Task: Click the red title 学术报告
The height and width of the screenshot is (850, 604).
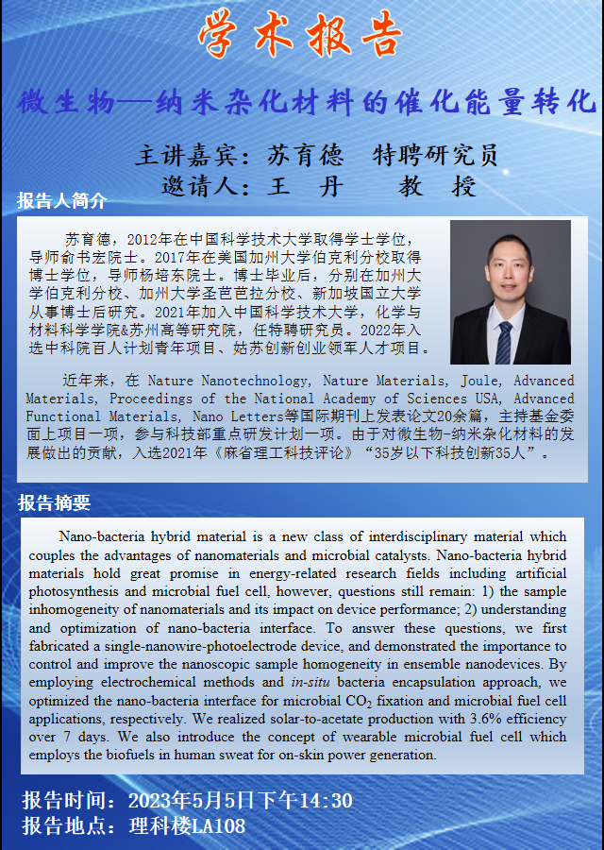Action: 300,36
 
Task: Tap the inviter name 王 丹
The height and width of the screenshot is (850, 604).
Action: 305,186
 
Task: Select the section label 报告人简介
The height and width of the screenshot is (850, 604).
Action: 61,201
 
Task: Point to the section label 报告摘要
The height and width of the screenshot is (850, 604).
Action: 55,503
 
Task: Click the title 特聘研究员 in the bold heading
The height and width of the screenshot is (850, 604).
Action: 435,155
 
